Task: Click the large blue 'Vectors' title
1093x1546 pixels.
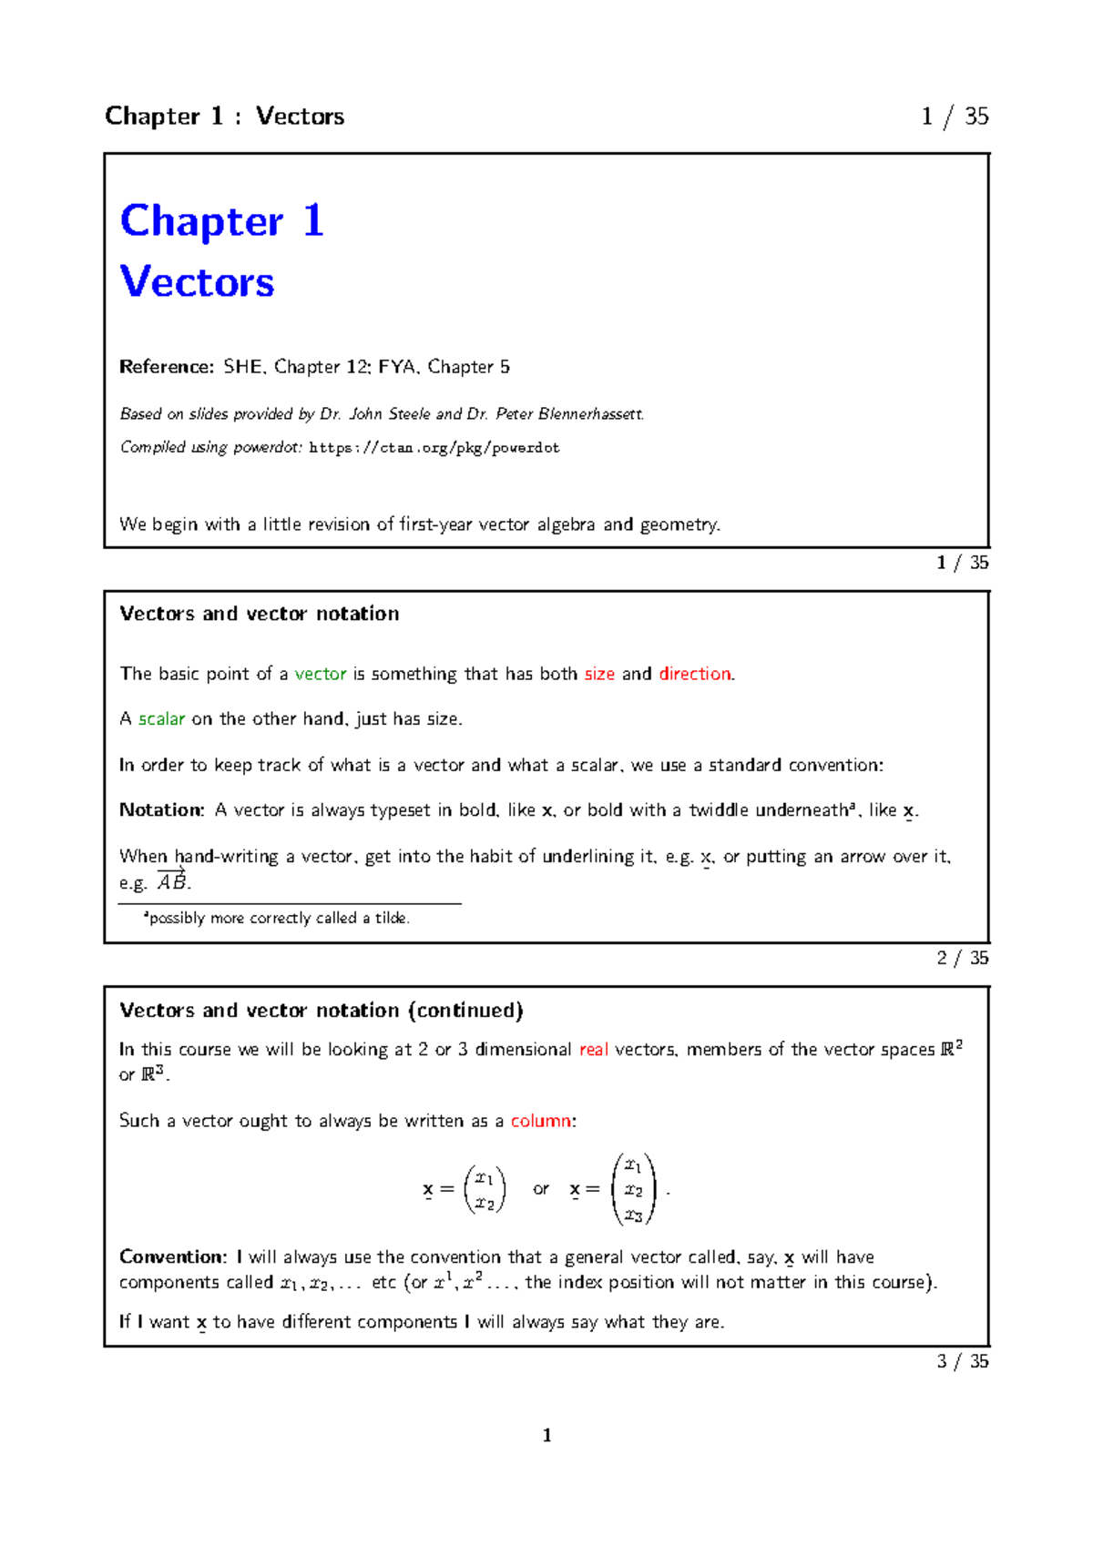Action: (197, 281)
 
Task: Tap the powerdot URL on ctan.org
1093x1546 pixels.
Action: (434, 448)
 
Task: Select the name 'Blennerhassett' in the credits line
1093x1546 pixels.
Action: (590, 414)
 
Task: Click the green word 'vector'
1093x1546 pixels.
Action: (321, 674)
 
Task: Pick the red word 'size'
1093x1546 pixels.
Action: (599, 674)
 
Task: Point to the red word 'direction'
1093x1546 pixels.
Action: (695, 674)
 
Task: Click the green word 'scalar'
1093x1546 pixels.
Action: (162, 719)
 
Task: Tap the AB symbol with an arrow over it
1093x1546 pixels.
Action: (171, 881)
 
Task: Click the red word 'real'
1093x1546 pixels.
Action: (594, 1050)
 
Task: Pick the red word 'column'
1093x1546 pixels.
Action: (541, 1121)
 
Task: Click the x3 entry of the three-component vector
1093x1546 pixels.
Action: (634, 1215)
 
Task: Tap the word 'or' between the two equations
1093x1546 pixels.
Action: (541, 1189)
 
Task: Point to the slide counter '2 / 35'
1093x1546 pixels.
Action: (963, 958)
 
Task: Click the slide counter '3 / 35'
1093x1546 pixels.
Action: (963, 1361)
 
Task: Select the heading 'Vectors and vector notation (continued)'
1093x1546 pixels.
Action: (322, 1011)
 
